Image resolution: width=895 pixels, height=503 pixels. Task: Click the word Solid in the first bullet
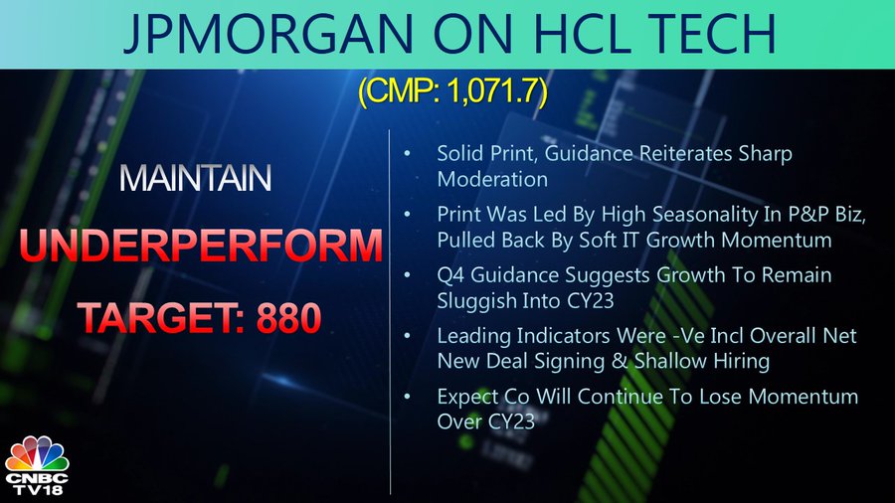pos(460,154)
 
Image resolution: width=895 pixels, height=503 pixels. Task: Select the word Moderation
pos(492,179)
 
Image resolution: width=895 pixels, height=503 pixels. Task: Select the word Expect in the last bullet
pos(467,396)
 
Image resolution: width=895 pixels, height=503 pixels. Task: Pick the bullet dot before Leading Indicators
pos(412,335)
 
